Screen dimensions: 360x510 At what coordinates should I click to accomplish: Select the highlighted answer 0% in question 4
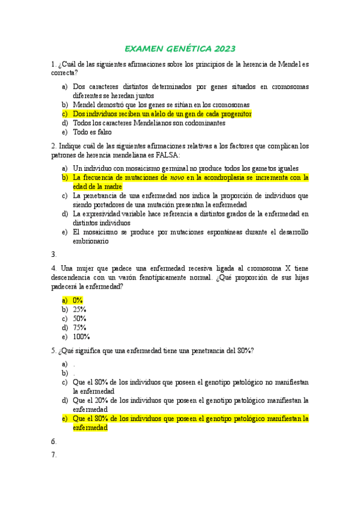pos(78,300)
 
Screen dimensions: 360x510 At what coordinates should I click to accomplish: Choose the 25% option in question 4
pos(79,309)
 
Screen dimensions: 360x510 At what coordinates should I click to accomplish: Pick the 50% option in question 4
pos(79,318)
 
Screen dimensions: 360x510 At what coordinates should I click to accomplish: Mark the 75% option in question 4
pos(79,328)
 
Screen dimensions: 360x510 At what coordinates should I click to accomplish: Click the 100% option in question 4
pos(81,337)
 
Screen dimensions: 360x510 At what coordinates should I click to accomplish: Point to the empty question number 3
pos(54,254)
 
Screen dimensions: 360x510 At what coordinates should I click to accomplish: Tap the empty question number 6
pos(54,441)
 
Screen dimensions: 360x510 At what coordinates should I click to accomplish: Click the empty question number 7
pos(54,455)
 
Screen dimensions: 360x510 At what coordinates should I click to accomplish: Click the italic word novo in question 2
pos(177,177)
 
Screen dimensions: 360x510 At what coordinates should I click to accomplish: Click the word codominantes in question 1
pos(206,123)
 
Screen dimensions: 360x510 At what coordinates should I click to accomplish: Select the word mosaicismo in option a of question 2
pos(133,168)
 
